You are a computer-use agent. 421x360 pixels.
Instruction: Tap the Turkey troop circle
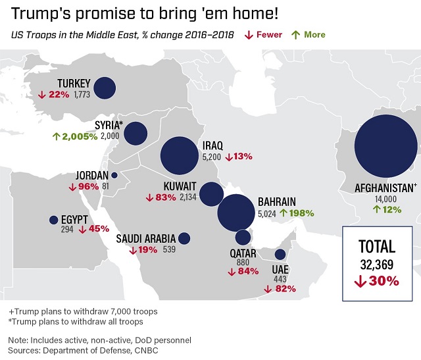point(105,88)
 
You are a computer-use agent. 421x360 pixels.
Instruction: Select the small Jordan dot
point(114,176)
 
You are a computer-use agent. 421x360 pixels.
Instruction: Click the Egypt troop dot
point(53,220)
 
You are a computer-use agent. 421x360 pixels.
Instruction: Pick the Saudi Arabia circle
point(184,238)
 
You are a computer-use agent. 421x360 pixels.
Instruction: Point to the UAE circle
point(280,255)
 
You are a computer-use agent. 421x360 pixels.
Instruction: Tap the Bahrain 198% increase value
point(297,213)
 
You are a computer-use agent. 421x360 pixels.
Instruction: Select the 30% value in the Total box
point(377,280)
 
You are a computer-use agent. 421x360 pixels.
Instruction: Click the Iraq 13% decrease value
point(239,157)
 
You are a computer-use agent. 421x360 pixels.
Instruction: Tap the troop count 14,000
point(386,198)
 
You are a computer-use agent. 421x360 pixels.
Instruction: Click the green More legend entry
point(309,34)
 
